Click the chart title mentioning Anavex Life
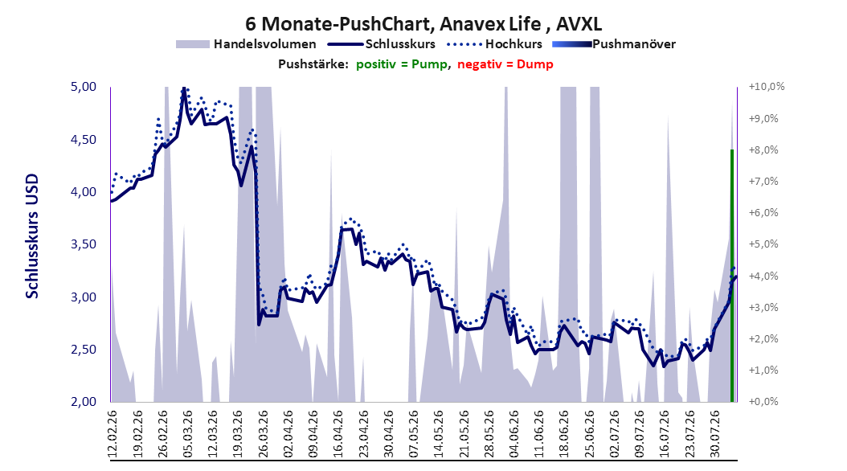pyautogui.click(x=423, y=24)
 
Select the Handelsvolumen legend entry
pyautogui.click(x=247, y=44)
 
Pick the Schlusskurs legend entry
pyautogui.click(x=382, y=44)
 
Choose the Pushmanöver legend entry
pyautogui.click(x=614, y=44)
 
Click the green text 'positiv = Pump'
pyautogui.click(x=402, y=64)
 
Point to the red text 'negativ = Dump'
pyautogui.click(x=505, y=64)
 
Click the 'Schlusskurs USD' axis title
pyautogui.click(x=32, y=236)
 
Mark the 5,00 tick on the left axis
pyautogui.click(x=84, y=87)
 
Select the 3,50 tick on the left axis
pyautogui.click(x=84, y=244)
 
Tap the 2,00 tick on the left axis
pyautogui.click(x=84, y=402)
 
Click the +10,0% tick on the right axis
pyautogui.click(x=767, y=87)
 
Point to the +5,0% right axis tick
pyautogui.click(x=763, y=244)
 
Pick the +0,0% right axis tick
pyautogui.click(x=763, y=402)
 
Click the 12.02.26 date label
pyautogui.click(x=113, y=434)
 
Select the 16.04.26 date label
pyautogui.click(x=338, y=434)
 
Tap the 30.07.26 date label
pyautogui.click(x=714, y=434)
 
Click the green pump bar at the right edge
pyautogui.click(x=732, y=276)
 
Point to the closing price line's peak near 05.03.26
pyautogui.click(x=184, y=88)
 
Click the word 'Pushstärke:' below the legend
pyautogui.click(x=313, y=64)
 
